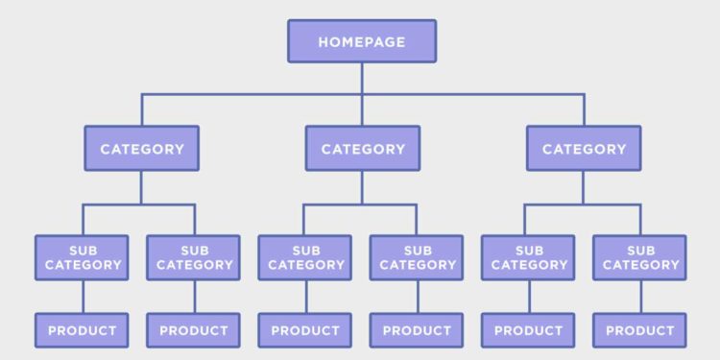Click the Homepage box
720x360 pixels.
point(362,41)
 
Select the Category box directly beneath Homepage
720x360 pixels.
point(362,149)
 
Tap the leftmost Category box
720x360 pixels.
point(141,149)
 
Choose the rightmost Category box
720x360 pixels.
point(584,149)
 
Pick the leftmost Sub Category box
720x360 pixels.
point(83,257)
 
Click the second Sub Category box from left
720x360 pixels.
point(194,257)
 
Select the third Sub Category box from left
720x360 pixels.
point(305,257)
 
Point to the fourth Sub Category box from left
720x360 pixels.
point(417,257)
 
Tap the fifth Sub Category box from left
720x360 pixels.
point(528,257)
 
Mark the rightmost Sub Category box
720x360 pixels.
point(639,257)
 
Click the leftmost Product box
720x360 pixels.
point(83,330)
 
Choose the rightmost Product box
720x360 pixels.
point(639,330)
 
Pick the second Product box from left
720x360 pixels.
point(194,330)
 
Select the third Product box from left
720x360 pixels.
point(305,330)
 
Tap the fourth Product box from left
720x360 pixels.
point(417,330)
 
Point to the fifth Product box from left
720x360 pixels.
point(528,330)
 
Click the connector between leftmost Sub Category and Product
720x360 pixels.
point(83,297)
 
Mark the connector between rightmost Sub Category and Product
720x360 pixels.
point(639,297)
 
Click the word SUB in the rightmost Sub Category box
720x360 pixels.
point(639,250)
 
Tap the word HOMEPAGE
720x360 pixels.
point(362,41)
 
